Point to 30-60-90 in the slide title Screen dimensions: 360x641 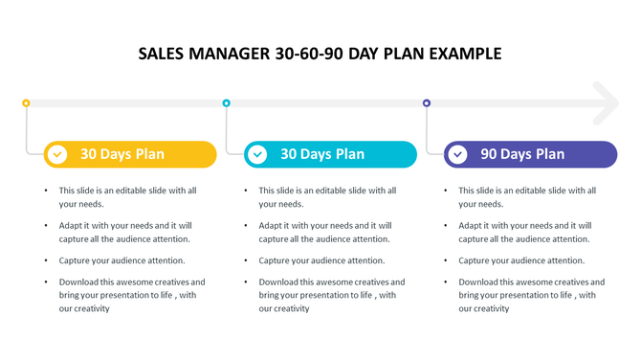click(307, 54)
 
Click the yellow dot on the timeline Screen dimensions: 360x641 click(26, 102)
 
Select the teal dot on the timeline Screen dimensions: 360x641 click(227, 102)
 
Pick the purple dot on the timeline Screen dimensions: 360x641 click(427, 102)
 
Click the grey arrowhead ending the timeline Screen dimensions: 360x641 click(606, 102)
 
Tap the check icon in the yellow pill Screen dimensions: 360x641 click(57, 154)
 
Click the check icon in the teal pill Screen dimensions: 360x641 click(257, 154)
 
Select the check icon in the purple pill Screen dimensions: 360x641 click(458, 154)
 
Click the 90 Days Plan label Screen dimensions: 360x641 click(522, 154)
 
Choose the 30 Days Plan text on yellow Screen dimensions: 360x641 click(122, 154)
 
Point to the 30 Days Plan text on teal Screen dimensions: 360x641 click(322, 154)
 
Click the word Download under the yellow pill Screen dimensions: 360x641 click(79, 282)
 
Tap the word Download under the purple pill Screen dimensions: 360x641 click(479, 282)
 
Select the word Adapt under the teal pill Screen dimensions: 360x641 click(271, 226)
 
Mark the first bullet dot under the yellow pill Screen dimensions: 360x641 click(46, 191)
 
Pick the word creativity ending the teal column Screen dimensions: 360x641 click(291, 308)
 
